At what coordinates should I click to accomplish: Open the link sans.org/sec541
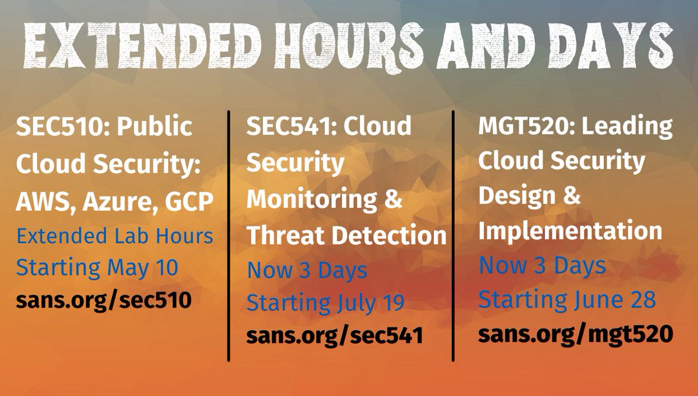[x=334, y=337]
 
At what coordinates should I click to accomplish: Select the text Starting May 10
[x=97, y=268]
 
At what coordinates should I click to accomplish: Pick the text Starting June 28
[x=567, y=300]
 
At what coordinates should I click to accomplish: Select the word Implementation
[x=570, y=232]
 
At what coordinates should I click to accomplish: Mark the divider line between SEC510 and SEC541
[x=229, y=233]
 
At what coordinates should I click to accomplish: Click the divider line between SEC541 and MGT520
[x=453, y=233]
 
